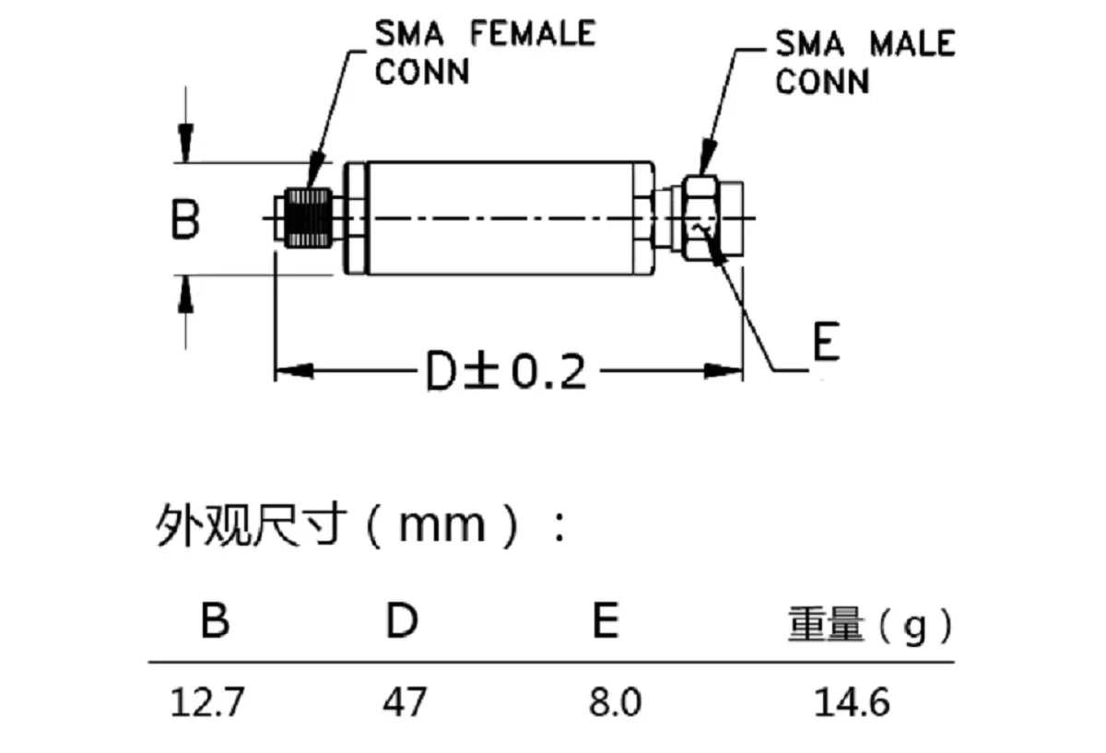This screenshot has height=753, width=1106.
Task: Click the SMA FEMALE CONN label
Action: point(484,52)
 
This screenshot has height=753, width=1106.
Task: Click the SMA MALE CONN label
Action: point(864,62)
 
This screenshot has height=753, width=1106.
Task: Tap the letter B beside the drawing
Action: point(185,221)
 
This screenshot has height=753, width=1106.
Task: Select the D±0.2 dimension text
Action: point(506,371)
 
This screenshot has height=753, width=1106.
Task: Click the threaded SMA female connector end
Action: point(307,218)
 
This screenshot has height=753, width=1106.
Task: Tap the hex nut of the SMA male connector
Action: point(702,218)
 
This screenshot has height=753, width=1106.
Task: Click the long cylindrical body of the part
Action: point(502,218)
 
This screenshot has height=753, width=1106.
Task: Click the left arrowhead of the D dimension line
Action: point(295,371)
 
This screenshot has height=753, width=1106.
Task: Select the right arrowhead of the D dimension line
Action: point(724,371)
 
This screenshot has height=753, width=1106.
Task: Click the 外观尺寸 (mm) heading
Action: point(359,527)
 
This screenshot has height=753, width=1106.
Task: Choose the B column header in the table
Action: point(215,622)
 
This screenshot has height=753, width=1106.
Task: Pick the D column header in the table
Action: point(402,622)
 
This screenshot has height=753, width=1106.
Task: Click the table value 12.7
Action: point(207,703)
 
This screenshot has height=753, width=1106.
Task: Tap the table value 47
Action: point(406,703)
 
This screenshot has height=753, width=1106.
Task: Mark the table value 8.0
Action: point(615,703)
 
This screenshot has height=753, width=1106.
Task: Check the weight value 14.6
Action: point(852,703)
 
